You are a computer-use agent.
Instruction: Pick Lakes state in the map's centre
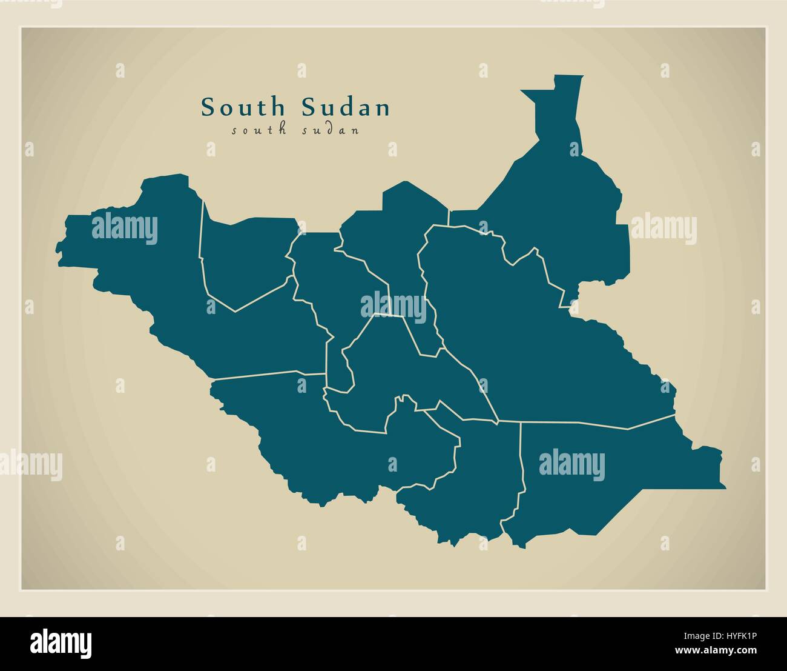pyautogui.click(x=387, y=376)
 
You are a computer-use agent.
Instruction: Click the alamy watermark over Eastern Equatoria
pyautogui.click(x=571, y=466)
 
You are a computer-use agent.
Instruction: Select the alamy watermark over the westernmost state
pyautogui.click(x=125, y=229)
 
